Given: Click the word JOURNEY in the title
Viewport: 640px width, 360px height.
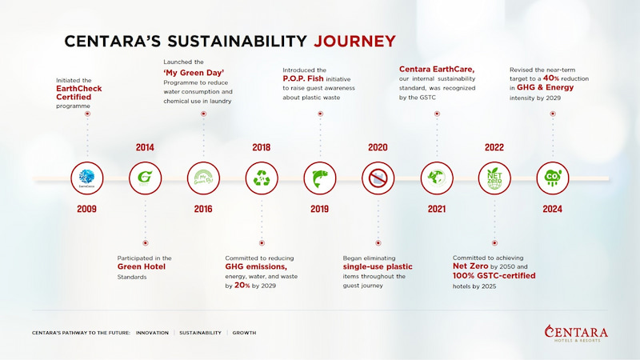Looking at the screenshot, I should [x=354, y=40].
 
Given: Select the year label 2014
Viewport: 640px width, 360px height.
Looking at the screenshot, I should [x=145, y=147].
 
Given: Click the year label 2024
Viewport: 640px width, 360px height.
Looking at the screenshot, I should [x=552, y=209].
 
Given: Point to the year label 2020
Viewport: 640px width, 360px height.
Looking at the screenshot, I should [x=378, y=147].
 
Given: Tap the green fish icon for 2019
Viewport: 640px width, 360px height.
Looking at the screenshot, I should [x=320, y=178].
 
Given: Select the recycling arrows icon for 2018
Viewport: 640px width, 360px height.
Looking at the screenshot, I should [x=262, y=178].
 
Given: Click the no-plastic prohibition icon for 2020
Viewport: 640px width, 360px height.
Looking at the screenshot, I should [x=378, y=178].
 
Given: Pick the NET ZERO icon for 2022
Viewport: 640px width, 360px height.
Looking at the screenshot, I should [x=494, y=178].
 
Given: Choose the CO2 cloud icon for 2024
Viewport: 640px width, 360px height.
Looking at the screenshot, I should [x=552, y=178].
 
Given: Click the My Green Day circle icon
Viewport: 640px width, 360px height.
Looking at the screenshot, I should [x=203, y=178].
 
